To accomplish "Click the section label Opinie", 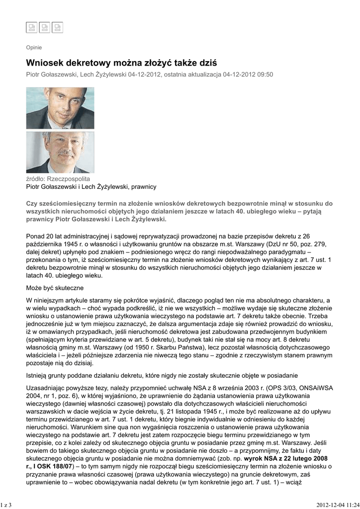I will (34, 48).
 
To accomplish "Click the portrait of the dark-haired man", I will (60, 108).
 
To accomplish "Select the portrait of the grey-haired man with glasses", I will (60, 152).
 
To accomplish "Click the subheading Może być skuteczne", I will (55, 288).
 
